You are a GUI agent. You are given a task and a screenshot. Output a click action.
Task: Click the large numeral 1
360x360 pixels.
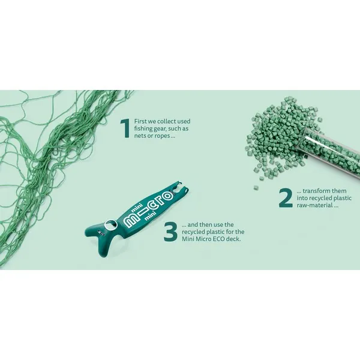(125, 128)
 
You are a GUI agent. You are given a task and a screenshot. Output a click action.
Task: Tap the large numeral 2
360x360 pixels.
(286, 198)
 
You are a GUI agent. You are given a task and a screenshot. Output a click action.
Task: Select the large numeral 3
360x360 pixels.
(170, 232)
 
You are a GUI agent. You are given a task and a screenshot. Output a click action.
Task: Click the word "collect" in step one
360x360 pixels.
(167, 121)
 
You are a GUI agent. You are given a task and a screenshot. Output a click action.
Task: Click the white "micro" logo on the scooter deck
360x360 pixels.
(149, 211)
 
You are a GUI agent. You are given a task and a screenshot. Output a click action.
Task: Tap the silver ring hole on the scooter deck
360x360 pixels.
(110, 224)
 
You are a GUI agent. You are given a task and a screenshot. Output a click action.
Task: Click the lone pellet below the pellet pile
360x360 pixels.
(256, 188)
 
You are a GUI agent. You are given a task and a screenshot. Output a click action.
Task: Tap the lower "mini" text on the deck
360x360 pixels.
(150, 216)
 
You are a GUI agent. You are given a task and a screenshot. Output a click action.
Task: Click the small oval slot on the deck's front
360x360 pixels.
(101, 232)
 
